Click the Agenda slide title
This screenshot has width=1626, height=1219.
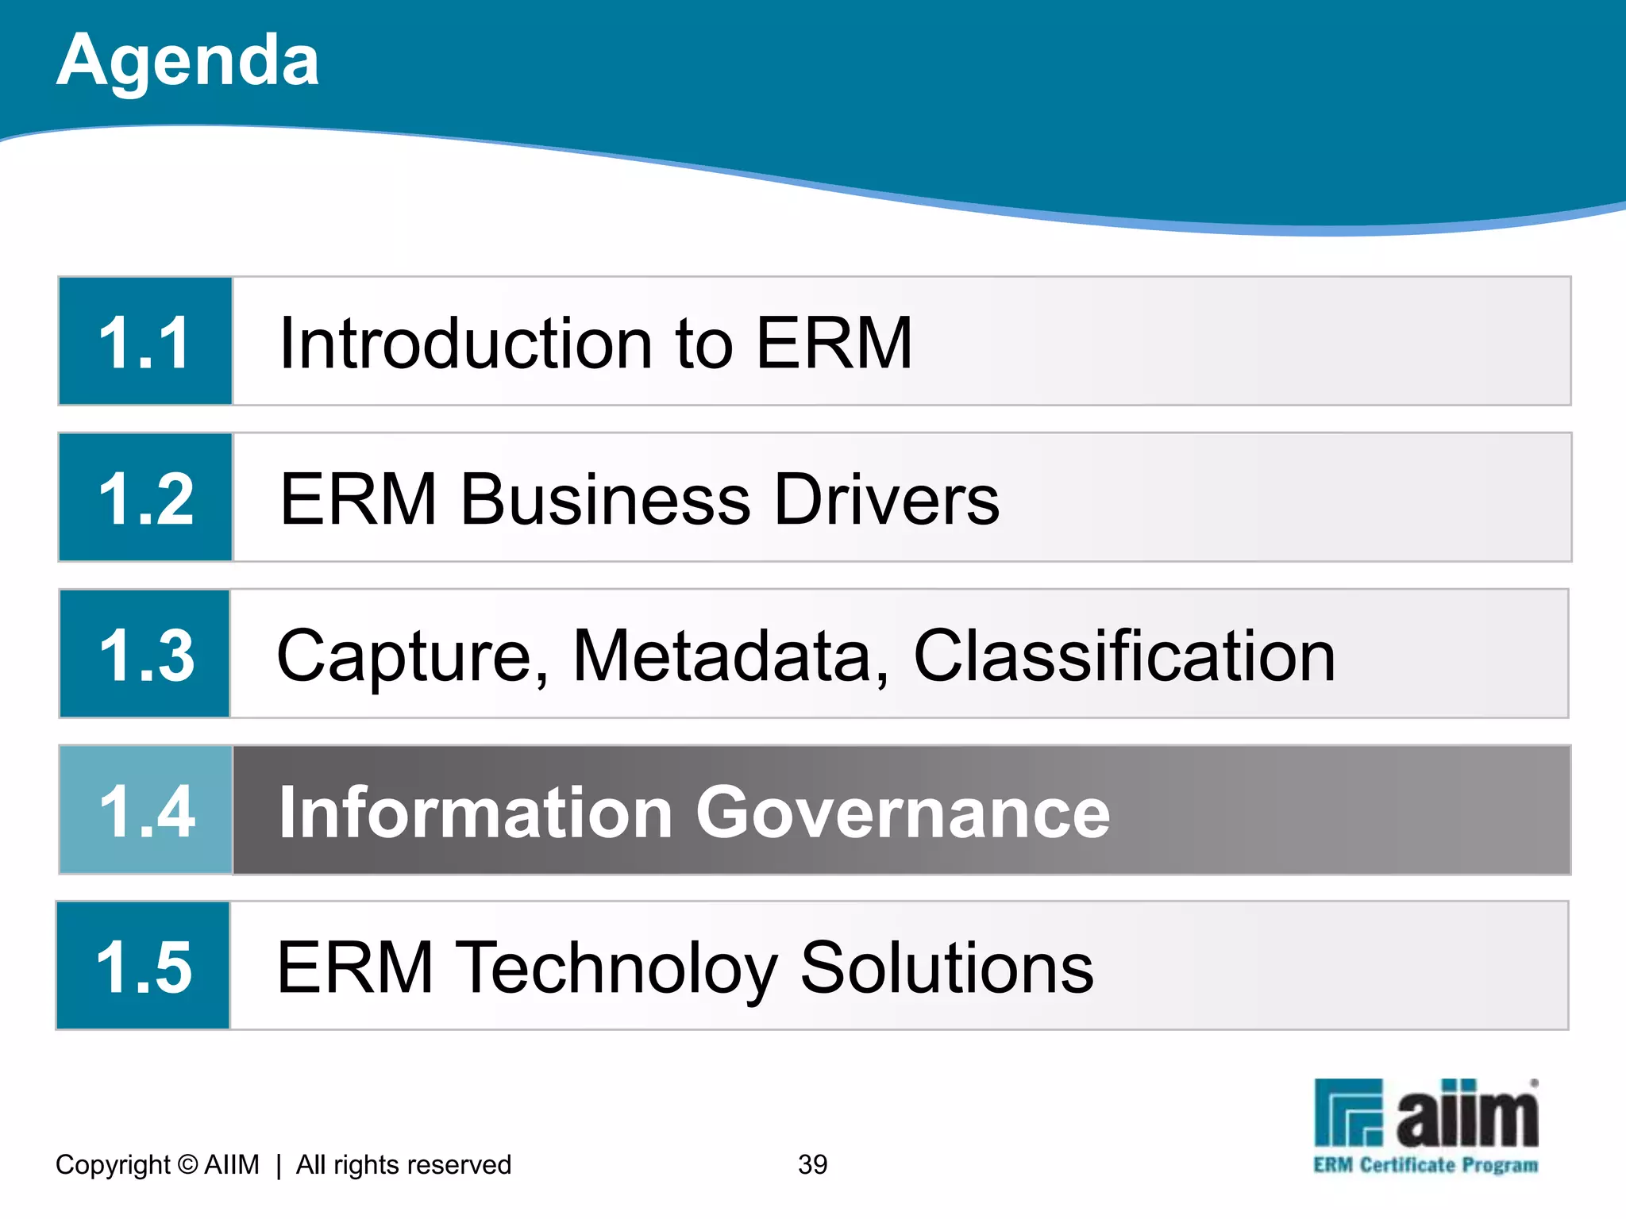188,61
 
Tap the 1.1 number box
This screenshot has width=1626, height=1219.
145,341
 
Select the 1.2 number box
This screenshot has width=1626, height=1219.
145,498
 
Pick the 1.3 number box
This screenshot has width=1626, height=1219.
145,654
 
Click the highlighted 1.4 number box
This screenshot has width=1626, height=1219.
146,810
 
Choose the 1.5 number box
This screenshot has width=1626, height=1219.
144,966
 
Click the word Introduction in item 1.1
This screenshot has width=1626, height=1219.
466,343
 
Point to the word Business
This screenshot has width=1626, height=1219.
605,499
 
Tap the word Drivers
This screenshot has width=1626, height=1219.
886,499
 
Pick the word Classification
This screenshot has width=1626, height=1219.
1124,656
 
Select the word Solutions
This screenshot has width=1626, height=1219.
946,967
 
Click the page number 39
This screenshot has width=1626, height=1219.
812,1164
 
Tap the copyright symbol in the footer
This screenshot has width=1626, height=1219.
187,1164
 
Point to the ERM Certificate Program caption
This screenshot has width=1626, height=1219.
1425,1165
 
